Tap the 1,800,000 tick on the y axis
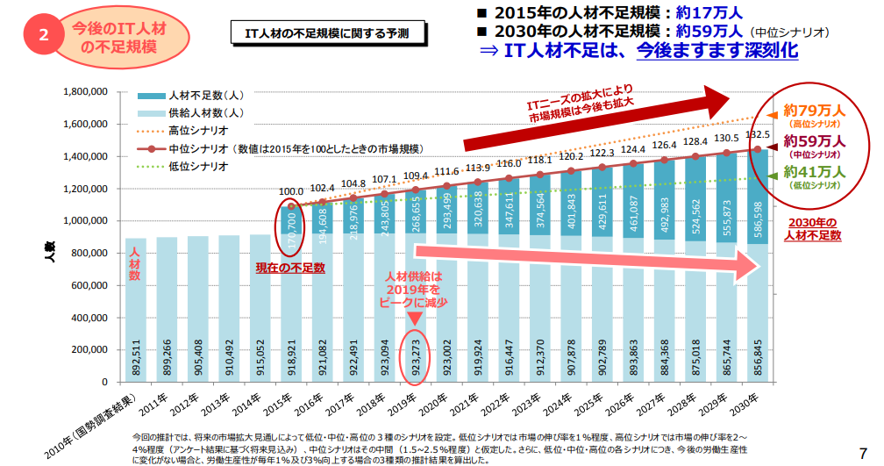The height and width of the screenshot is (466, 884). tap(85, 91)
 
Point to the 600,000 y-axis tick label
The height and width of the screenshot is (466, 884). tap(89, 285)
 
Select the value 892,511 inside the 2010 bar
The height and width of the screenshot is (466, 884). tap(136, 355)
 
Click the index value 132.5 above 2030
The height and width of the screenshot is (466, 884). tap(757, 135)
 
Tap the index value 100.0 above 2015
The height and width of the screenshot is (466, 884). tap(290, 190)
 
